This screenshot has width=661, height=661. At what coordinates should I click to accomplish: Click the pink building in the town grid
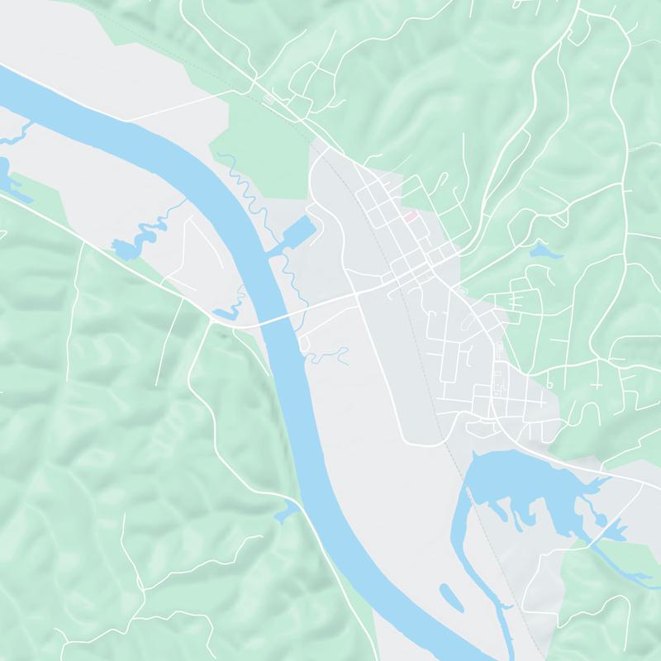(410, 216)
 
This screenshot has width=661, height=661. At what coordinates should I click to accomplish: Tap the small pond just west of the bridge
(225, 313)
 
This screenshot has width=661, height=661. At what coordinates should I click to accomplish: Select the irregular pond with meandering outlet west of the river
(124, 246)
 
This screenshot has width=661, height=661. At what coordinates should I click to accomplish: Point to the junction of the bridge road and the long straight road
(356, 294)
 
